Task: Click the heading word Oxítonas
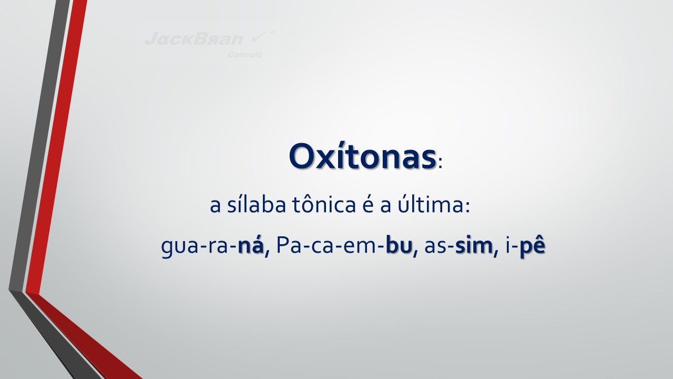coord(362,156)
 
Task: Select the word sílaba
coord(256,205)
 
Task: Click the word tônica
coord(323,205)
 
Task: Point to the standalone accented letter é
coord(367,205)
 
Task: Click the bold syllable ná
coord(251,245)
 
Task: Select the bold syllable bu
coord(399,245)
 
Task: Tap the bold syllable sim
coord(474,245)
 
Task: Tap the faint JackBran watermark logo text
coord(194,39)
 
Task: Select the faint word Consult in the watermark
coord(245,55)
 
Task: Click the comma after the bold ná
coord(267,253)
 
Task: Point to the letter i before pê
coord(508,245)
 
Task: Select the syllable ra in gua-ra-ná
coord(216,247)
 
